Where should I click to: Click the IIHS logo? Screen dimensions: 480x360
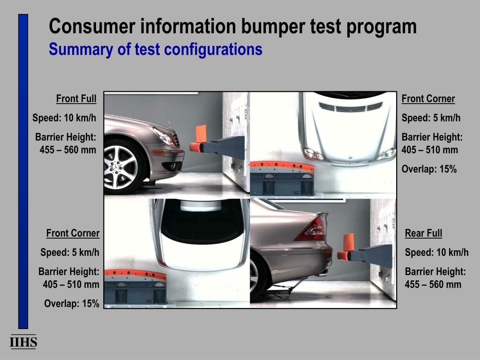[x=23, y=342]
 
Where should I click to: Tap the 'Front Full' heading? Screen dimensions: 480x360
[x=76, y=98]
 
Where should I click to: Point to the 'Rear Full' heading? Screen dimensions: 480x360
[x=423, y=233]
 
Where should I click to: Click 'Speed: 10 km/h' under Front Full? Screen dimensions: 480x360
[x=64, y=118]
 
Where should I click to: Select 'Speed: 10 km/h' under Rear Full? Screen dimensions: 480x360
[x=436, y=252]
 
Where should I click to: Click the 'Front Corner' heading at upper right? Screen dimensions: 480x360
[x=428, y=98]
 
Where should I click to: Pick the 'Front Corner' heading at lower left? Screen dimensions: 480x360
[x=73, y=233]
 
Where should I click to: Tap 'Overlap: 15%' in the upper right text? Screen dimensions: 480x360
[x=429, y=169]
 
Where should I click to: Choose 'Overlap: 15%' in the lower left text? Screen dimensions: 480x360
[x=72, y=303]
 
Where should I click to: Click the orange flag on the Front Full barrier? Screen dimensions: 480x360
[x=201, y=134]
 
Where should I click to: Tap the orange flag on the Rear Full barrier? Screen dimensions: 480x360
[x=349, y=242]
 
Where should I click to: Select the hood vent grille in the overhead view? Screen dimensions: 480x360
[x=351, y=107]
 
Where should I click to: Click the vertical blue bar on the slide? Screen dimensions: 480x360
[x=23, y=172]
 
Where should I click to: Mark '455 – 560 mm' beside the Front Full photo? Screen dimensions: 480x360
[x=67, y=150]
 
